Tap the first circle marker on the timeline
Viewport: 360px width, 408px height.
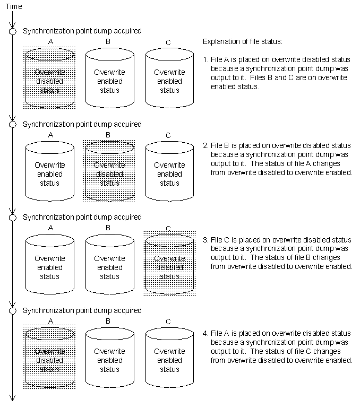pyautogui.click(x=13, y=31)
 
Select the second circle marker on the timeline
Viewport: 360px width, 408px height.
pyautogui.click(x=13, y=124)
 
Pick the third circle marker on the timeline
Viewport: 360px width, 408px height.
pyautogui.click(x=13, y=217)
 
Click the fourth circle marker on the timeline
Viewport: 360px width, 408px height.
pyautogui.click(x=13, y=310)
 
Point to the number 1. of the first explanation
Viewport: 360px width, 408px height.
pyautogui.click(x=205, y=59)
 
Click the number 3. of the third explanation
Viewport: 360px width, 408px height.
pyautogui.click(x=205, y=240)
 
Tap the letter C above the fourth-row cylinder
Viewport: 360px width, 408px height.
pyautogui.click(x=168, y=322)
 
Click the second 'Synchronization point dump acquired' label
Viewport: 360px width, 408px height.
pyautogui.click(x=82, y=124)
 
